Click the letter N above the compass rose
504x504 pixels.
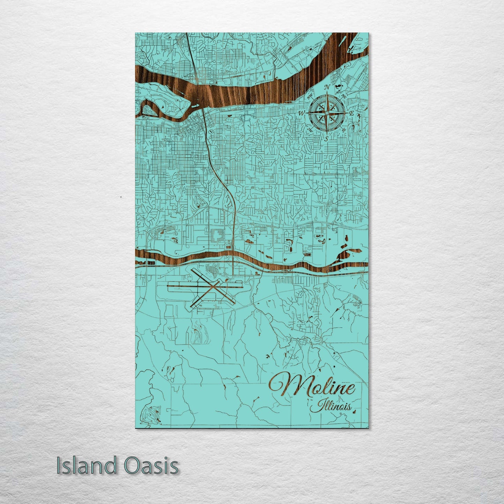(327, 87)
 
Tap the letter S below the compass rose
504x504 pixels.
(326, 138)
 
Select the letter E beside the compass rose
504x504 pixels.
(352, 113)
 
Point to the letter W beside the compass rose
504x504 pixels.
(301, 113)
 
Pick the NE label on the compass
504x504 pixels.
(344, 96)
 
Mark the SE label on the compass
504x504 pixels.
(344, 130)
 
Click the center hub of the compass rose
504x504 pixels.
(327, 113)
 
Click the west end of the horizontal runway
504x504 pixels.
(168, 286)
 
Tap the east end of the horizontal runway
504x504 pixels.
(242, 287)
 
